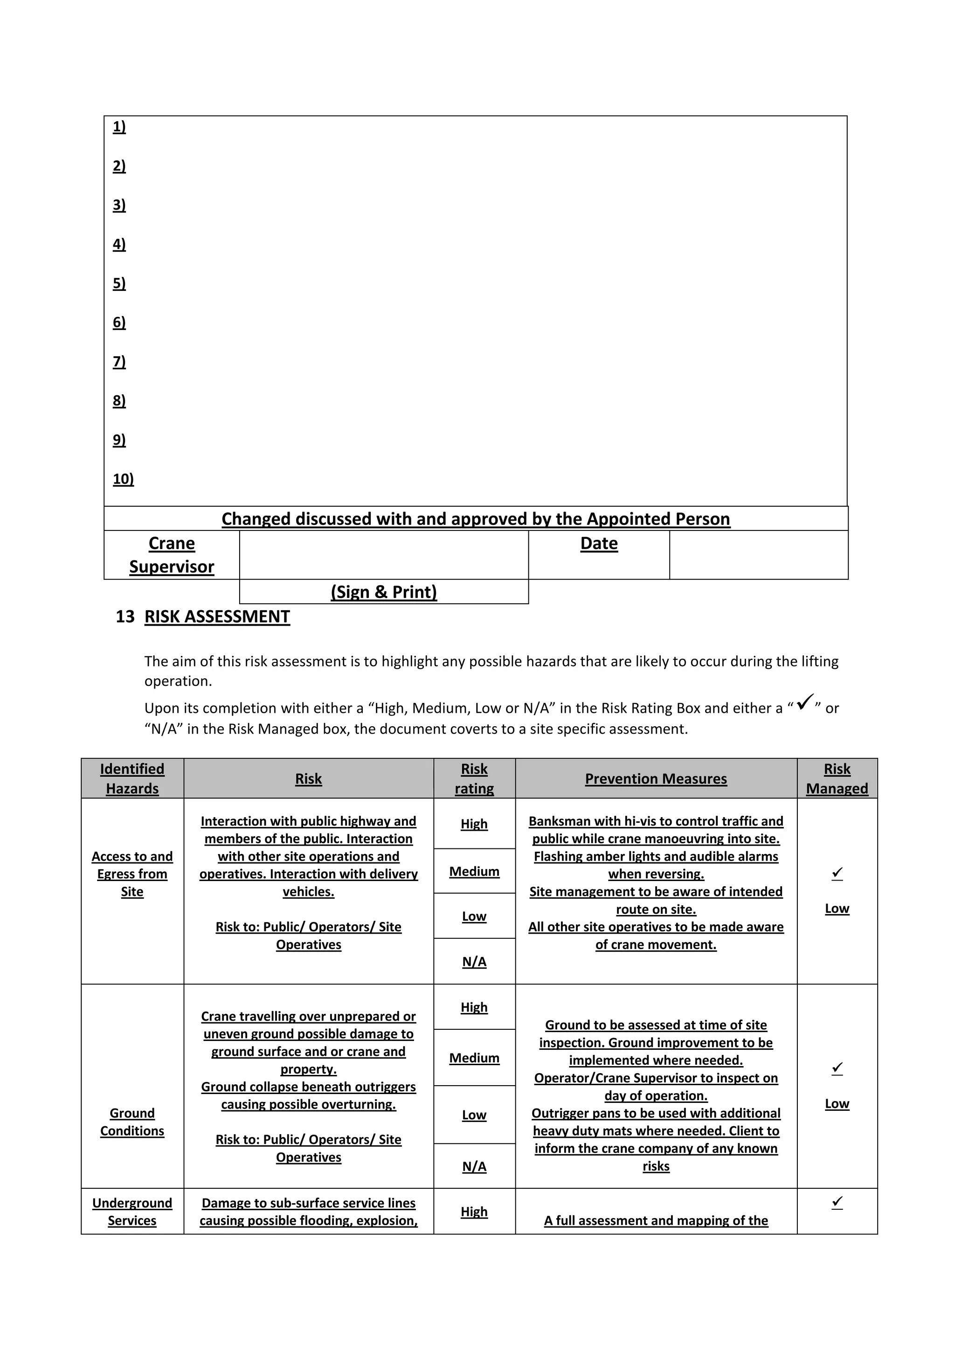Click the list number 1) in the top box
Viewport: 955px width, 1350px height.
click(119, 127)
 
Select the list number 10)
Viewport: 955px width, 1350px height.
click(123, 479)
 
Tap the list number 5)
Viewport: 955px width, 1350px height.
click(119, 283)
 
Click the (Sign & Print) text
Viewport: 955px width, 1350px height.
click(383, 592)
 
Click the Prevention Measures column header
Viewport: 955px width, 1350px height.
click(656, 778)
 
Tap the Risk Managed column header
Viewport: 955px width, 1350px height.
click(837, 778)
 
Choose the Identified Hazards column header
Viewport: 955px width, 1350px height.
click(132, 778)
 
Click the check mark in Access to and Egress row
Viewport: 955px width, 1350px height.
click(837, 874)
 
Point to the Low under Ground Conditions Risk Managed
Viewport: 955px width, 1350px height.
click(837, 1104)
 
